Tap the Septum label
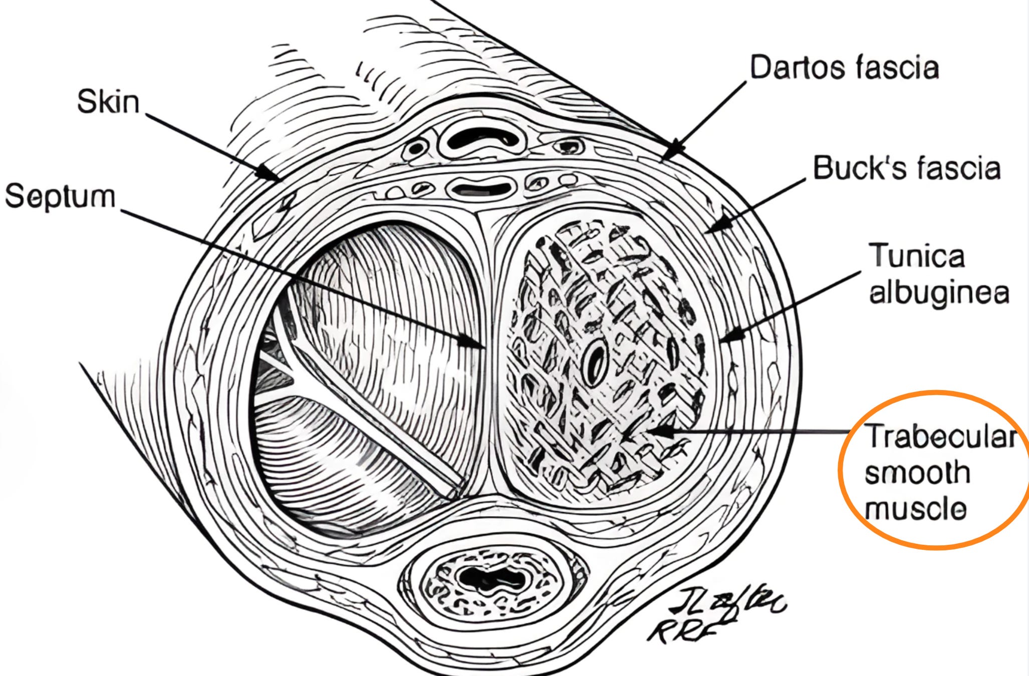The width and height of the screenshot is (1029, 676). coord(60,196)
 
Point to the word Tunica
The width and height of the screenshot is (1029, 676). coord(916,256)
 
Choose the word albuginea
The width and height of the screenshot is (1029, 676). coord(938,292)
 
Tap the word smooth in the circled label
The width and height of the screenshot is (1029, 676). coord(917,473)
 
